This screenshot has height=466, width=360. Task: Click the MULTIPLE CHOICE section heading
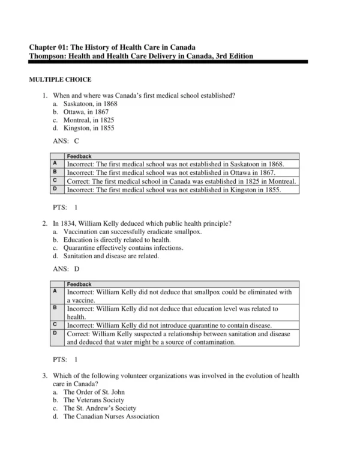(60, 79)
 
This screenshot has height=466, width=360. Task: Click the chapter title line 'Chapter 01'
(113, 47)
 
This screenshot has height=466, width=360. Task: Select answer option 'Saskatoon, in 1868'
(90, 103)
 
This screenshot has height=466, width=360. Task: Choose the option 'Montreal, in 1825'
(89, 120)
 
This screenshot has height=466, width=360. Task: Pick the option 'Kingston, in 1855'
(89, 128)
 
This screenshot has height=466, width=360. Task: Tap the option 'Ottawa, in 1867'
(86, 112)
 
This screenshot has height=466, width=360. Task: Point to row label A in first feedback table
(55, 163)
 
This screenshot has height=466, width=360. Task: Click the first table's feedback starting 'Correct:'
(181, 181)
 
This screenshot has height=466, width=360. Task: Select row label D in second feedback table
(55, 333)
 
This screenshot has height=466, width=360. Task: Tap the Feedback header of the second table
(79, 284)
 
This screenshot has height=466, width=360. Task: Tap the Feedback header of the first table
(79, 156)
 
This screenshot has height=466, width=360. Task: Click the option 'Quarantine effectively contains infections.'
(124, 247)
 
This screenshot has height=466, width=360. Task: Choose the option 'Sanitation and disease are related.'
(111, 256)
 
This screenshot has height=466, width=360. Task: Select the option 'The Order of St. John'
(94, 392)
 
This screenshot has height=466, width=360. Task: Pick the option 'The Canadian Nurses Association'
(111, 416)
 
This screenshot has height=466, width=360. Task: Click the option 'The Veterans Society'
(94, 400)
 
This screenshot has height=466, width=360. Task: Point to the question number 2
(45, 223)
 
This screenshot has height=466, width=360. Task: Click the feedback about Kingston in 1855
(173, 190)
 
